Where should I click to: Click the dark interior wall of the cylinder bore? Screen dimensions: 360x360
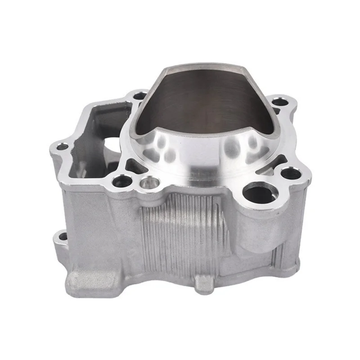(202, 99)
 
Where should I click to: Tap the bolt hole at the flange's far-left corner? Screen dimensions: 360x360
(62, 147)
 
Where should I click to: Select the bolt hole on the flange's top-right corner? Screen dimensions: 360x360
(280, 102)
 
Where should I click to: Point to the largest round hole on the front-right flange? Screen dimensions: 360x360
(260, 193)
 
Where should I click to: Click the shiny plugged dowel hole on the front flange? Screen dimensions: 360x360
(149, 183)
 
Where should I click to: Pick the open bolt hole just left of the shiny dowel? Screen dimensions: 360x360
(122, 181)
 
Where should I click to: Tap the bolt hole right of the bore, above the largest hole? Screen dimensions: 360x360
(291, 172)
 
